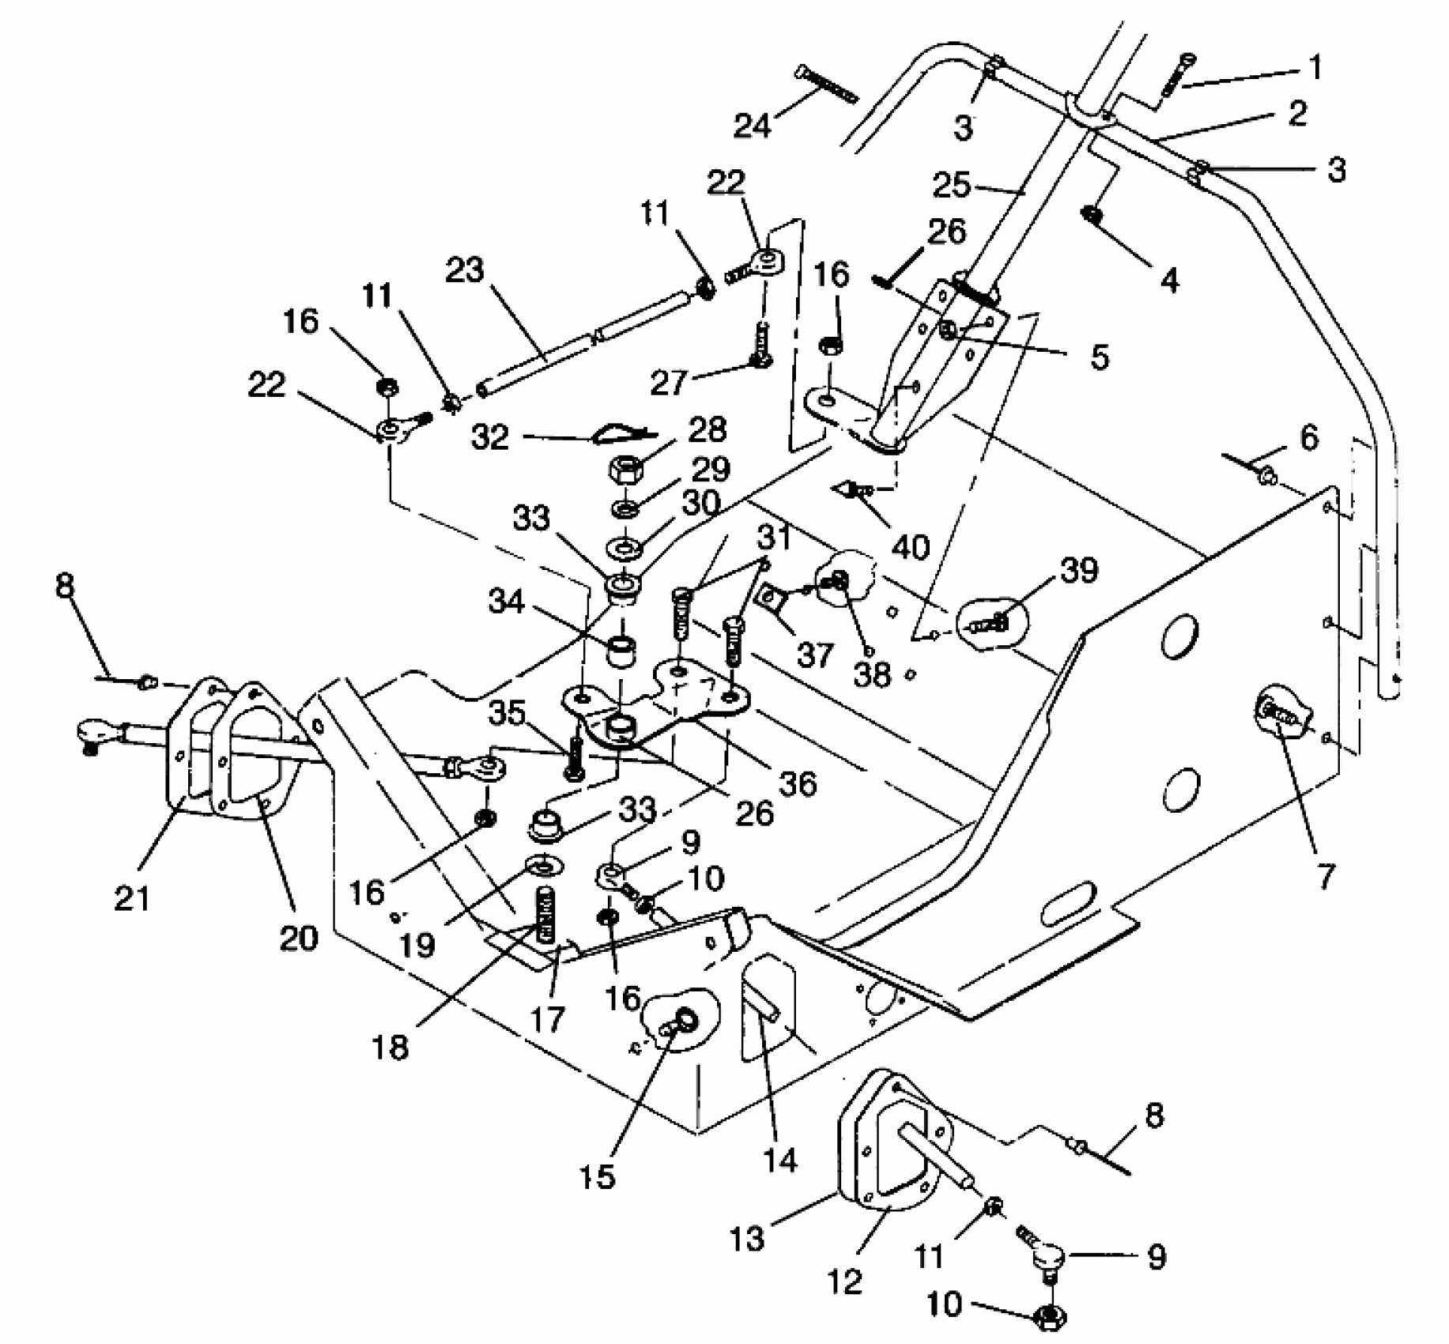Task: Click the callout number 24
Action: coord(752,125)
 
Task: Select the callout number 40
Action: coord(910,546)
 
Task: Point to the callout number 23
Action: coord(464,270)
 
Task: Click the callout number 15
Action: coord(597,1176)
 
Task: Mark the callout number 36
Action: coord(797,783)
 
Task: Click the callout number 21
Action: coord(131,898)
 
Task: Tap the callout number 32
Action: coord(490,437)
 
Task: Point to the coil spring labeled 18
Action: coord(545,914)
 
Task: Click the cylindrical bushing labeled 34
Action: coord(622,652)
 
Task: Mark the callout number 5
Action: coord(1100,357)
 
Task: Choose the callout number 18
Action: coord(391,1048)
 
